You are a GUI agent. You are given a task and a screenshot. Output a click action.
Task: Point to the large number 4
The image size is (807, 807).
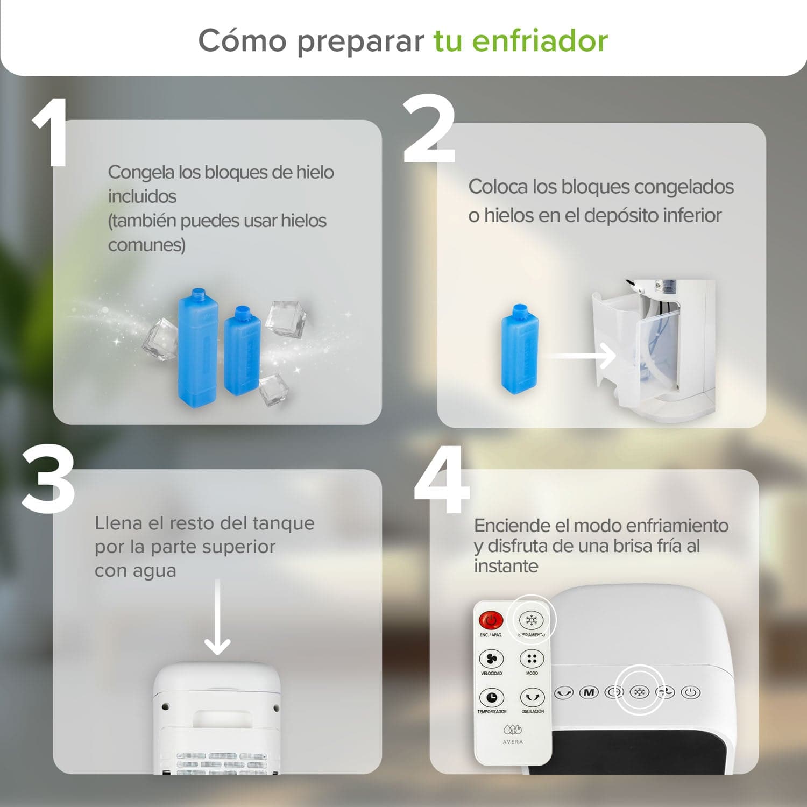click(441, 480)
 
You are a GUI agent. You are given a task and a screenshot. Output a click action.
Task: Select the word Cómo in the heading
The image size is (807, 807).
click(242, 41)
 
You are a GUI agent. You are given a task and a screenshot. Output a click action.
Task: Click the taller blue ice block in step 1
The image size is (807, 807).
click(197, 345)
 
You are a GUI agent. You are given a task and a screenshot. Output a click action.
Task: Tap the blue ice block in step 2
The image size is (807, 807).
click(519, 349)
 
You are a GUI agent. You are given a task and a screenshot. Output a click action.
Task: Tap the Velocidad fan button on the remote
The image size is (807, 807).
click(491, 659)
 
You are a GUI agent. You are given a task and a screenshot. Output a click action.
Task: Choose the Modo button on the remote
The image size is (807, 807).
click(532, 659)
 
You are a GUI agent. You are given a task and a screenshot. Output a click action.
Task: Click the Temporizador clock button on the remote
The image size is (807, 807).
click(491, 697)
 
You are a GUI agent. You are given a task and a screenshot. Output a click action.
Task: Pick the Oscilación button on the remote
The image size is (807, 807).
click(532, 697)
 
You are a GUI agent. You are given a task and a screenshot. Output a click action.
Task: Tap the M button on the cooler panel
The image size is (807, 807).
click(589, 692)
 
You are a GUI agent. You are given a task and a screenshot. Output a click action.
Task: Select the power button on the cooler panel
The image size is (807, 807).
click(691, 692)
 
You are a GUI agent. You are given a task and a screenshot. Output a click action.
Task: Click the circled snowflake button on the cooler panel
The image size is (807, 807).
click(639, 692)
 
